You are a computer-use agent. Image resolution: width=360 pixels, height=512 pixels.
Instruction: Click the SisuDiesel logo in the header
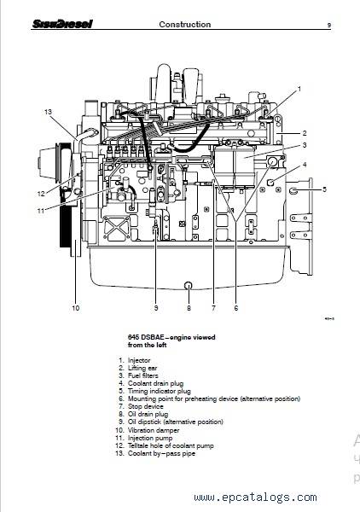click(x=62, y=24)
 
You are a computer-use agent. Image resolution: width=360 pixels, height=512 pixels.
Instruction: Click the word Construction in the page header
click(x=185, y=25)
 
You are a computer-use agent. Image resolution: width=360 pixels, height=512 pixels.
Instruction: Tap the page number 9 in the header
click(x=329, y=25)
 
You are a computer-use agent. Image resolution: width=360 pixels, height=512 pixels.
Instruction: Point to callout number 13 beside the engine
click(x=48, y=112)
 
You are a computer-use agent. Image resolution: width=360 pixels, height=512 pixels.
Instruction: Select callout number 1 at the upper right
click(x=299, y=89)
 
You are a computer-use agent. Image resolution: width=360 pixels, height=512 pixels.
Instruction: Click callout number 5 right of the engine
click(x=324, y=189)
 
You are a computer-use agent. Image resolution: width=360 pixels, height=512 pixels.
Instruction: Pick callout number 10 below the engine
click(x=75, y=308)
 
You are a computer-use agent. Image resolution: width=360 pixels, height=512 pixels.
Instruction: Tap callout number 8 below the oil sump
click(x=189, y=308)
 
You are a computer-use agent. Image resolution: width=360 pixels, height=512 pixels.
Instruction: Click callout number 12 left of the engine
click(x=41, y=194)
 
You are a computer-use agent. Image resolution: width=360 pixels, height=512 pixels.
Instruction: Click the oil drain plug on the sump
click(x=189, y=285)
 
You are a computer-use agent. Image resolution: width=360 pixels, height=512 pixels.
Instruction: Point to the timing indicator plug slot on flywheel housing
click(x=293, y=190)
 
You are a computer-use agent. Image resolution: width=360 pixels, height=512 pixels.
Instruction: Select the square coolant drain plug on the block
click(x=270, y=182)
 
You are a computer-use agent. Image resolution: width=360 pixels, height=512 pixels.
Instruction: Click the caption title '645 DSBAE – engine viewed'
click(x=171, y=337)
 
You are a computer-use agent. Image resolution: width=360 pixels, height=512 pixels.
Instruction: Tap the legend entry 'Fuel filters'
click(x=143, y=375)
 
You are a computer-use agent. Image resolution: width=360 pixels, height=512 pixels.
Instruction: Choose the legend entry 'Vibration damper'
click(x=154, y=430)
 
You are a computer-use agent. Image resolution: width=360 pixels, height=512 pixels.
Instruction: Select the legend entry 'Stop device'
click(x=146, y=406)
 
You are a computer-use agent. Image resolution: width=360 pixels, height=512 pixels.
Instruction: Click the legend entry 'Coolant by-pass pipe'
click(x=161, y=454)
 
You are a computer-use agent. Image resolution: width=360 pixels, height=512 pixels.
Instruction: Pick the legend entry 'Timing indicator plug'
click(x=160, y=391)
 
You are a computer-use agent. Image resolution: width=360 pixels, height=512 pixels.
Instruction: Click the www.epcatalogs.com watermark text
click(x=255, y=497)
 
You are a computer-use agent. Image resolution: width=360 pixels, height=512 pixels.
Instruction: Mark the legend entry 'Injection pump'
click(x=150, y=439)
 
